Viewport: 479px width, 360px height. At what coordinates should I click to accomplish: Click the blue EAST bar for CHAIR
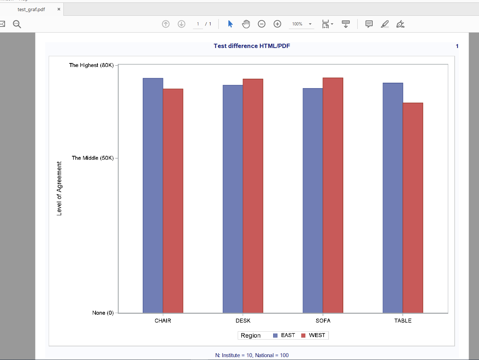click(x=153, y=195)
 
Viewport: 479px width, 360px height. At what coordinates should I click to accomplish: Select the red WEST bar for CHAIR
click(x=173, y=201)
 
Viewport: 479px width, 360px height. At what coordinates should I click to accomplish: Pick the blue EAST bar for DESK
click(x=233, y=199)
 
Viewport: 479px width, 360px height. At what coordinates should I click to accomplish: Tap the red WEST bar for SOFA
click(x=333, y=195)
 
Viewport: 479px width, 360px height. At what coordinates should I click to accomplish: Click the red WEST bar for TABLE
click(x=413, y=208)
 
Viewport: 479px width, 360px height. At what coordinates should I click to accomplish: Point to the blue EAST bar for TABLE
click(x=393, y=198)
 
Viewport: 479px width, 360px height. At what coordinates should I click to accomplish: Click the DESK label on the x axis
click(x=243, y=321)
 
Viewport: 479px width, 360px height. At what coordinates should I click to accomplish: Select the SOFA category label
click(x=323, y=321)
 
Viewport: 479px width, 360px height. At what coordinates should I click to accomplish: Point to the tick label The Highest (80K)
click(x=91, y=65)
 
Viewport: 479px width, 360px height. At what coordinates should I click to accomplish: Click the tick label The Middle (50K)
click(x=93, y=158)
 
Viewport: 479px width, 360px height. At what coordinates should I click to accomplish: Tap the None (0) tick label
click(x=103, y=313)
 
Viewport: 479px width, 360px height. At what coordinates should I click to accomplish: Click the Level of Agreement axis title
click(x=59, y=188)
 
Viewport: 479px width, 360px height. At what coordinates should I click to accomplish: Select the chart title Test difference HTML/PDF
click(x=252, y=46)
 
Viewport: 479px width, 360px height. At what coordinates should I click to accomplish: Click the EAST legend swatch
click(x=275, y=336)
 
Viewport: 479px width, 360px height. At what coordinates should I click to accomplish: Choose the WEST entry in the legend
click(x=316, y=335)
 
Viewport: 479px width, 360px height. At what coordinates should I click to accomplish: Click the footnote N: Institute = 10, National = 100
click(x=252, y=355)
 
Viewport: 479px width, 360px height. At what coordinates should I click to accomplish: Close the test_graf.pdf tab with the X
click(x=59, y=9)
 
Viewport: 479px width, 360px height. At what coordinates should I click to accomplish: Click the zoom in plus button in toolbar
click(x=277, y=24)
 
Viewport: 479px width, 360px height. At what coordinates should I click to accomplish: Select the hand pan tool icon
click(x=246, y=24)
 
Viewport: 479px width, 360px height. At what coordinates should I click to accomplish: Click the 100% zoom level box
click(x=297, y=24)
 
